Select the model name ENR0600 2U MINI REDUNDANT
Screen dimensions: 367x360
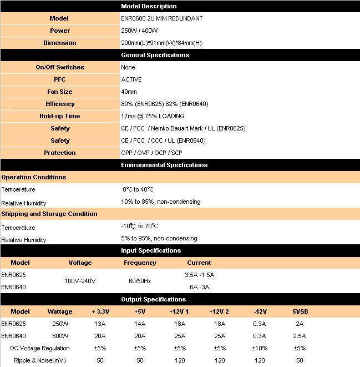[161, 18]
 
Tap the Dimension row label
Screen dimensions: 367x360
[60, 43]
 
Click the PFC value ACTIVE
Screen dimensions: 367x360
[131, 79]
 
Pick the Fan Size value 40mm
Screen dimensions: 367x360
[129, 92]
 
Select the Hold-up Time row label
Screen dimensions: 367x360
[60, 116]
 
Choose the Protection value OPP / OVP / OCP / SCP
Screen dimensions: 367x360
[151, 153]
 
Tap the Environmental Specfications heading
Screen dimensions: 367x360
[164, 165]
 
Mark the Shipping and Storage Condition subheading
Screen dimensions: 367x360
[49, 214]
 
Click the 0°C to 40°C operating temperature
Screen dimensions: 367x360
[138, 189]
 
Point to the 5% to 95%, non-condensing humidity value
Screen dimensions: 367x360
[159, 238]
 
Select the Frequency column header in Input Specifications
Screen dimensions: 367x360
[140, 263]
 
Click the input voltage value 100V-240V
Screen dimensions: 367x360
[80, 281]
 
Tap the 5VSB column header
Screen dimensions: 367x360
[300, 311]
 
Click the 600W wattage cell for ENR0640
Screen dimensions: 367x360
[60, 336]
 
